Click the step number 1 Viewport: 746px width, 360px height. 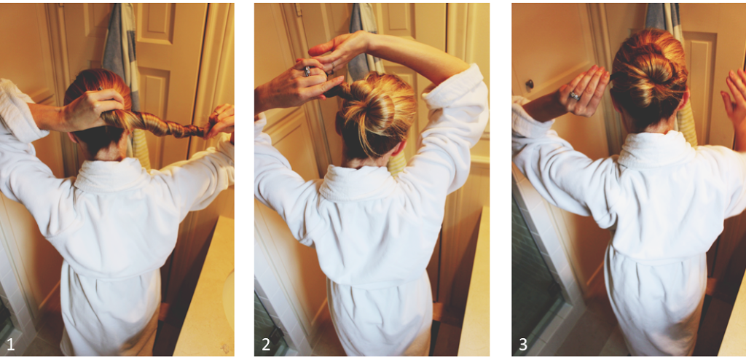tap(10, 344)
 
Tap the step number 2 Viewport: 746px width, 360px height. tap(266, 344)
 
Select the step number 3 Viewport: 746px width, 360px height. tap(523, 344)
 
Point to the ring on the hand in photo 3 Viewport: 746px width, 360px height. tap(576, 95)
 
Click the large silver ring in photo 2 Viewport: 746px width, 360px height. tap(307, 71)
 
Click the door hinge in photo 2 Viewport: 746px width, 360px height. tap(298, 9)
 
